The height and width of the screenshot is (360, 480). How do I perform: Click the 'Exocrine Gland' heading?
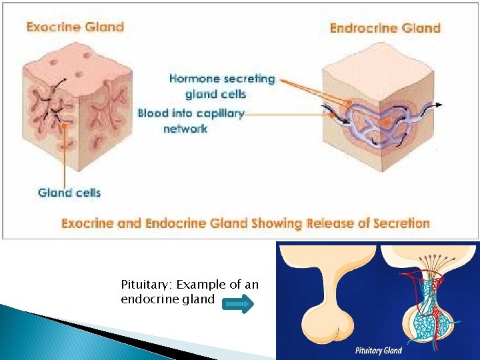pos(75,27)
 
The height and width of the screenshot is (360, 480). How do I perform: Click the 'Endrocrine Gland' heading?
pos(385,28)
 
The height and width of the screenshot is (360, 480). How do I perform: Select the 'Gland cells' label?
pos(69,193)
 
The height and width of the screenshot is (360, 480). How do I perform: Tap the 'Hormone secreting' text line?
pos(222,79)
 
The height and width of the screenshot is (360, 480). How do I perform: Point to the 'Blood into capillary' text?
pos(191,113)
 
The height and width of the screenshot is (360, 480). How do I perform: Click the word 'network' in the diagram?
pos(185,129)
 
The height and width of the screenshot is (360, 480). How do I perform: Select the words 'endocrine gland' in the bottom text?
pos(167,299)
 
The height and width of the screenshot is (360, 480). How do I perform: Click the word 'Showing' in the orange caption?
pos(273,223)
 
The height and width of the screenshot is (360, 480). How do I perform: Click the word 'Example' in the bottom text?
pos(205,285)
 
